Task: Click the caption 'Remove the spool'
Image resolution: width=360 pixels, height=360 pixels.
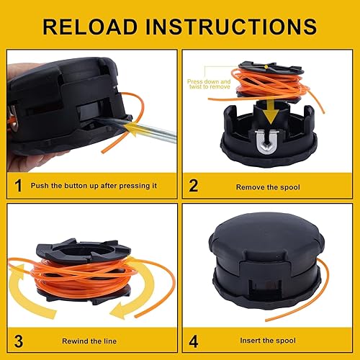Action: pyautogui.click(x=267, y=186)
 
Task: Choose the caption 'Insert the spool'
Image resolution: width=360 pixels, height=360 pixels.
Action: pyautogui.click(x=267, y=340)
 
